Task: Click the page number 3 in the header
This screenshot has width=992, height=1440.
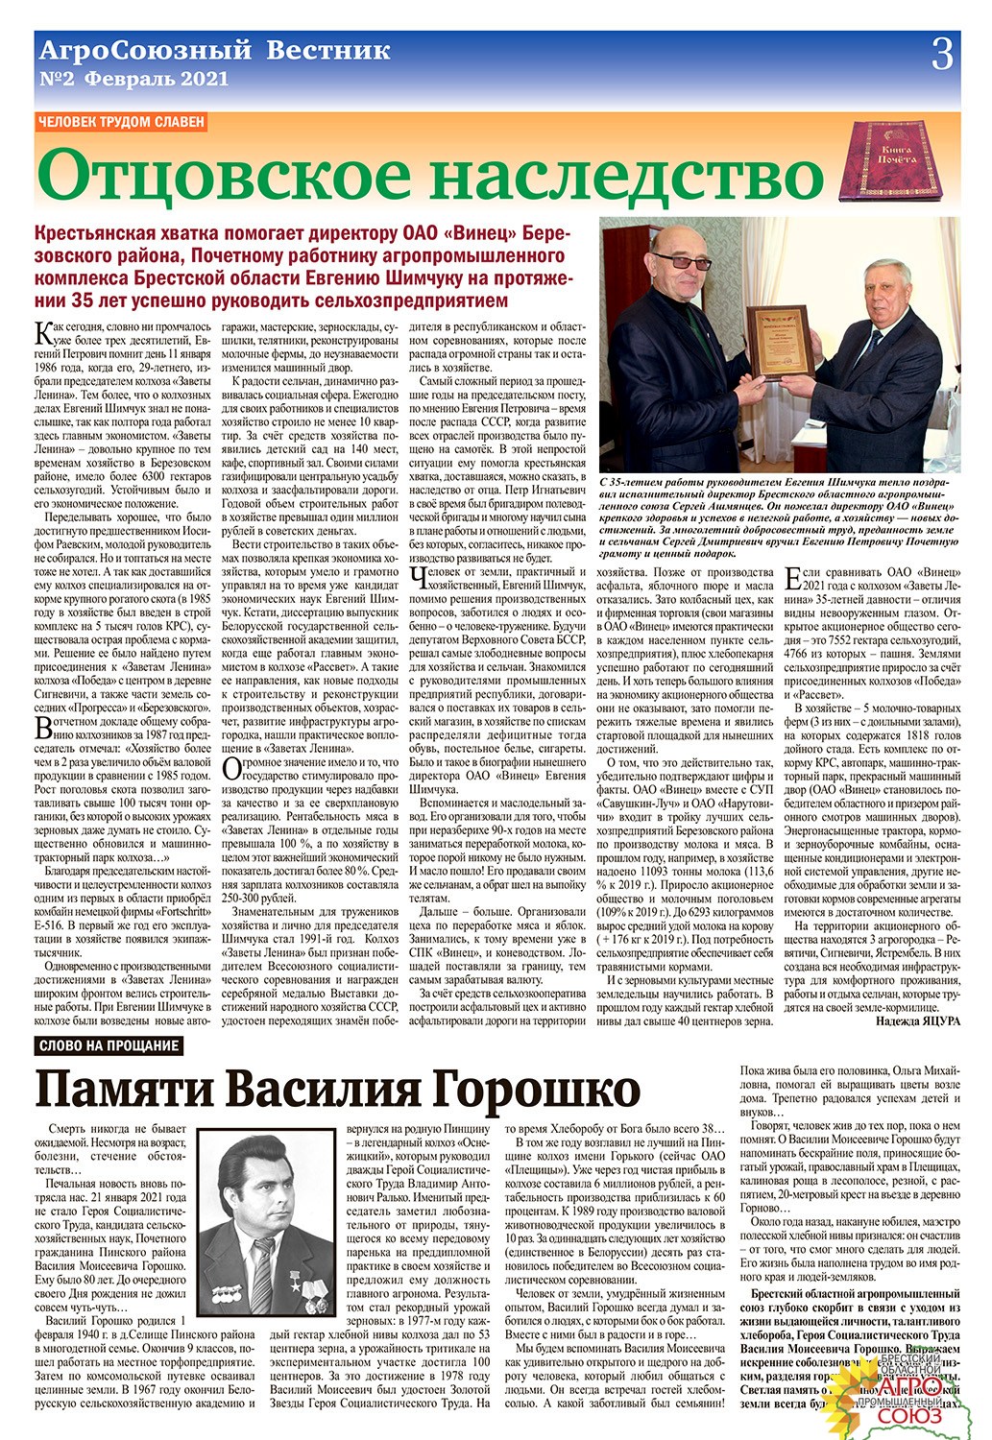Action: (943, 54)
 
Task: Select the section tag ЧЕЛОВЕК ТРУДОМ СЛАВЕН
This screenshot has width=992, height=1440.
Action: (120, 122)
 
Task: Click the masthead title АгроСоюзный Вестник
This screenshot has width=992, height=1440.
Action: (212, 51)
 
